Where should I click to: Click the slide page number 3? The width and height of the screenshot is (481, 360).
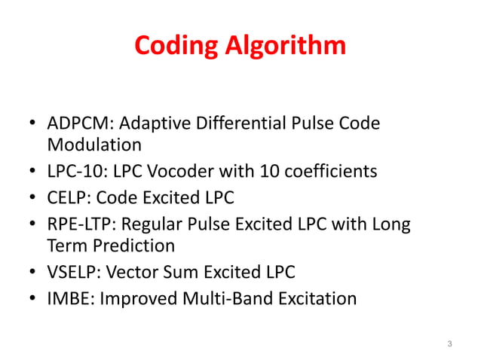449,344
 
